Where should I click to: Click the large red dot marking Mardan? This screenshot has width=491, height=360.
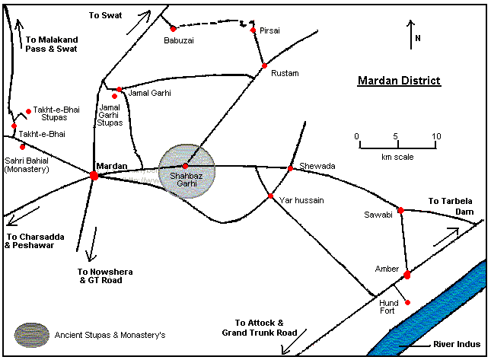[x=94, y=175]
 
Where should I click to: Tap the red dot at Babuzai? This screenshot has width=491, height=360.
[x=174, y=29]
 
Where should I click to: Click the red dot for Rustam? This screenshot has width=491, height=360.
[x=264, y=66]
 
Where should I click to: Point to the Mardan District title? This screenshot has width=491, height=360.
[x=399, y=81]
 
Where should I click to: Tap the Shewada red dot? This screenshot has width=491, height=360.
[x=290, y=167]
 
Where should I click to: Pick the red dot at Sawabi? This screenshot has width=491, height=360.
[x=400, y=209]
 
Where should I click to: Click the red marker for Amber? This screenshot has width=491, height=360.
[x=407, y=274]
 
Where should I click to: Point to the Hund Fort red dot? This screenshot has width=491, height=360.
[x=408, y=303]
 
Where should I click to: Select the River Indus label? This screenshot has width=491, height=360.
[x=457, y=345]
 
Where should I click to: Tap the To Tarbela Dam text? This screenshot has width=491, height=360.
[x=451, y=206]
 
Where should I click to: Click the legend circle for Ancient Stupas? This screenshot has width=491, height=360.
[x=30, y=334]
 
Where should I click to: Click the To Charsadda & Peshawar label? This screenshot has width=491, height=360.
[x=34, y=241]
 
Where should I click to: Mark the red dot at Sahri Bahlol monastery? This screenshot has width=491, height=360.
[x=23, y=146]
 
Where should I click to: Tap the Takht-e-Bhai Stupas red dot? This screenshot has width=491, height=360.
[x=29, y=110]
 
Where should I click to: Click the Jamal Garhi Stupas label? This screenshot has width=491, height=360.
[x=111, y=115]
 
